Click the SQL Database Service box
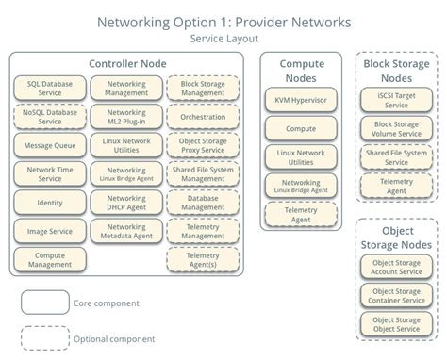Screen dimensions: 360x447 pos(50,89)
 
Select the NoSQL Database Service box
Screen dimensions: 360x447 pos(50,116)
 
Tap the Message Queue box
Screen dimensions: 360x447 pos(50,144)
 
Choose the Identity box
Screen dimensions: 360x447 pos(50,202)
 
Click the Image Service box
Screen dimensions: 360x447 pos(50,230)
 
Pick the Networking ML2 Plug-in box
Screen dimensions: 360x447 pos(126,116)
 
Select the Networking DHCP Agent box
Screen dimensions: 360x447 pos(126,202)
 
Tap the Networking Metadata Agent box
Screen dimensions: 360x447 pos(126,230)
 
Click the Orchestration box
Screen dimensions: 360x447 pos(203,117)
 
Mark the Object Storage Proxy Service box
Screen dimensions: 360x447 pos(203,144)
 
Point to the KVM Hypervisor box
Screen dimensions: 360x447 pos(302,99)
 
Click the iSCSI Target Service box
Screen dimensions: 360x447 pos(396,99)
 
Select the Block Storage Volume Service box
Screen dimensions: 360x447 pos(396,128)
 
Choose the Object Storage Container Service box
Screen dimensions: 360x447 pos(396,295)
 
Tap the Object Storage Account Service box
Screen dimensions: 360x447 pos(396,267)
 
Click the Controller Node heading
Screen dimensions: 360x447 pos(126,64)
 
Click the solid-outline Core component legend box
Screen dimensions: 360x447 pos(44,303)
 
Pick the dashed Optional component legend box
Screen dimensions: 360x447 pos(44,337)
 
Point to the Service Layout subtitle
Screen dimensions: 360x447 pos(223,39)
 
